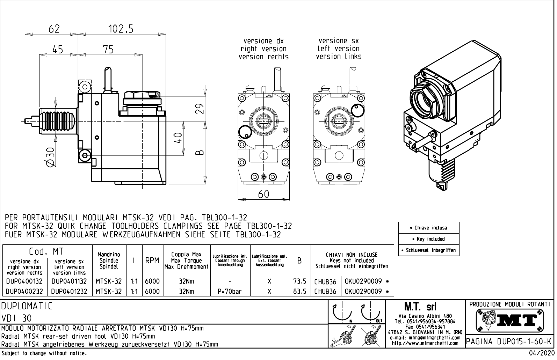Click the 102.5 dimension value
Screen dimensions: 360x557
click(121, 29)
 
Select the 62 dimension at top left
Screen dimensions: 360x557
click(54, 29)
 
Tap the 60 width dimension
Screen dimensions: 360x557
click(263, 194)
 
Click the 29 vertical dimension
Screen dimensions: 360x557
click(199, 108)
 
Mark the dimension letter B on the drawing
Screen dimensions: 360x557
click(199, 153)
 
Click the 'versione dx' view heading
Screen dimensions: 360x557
click(263, 41)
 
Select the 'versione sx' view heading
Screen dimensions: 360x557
click(339, 41)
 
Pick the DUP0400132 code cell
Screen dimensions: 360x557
click(24, 281)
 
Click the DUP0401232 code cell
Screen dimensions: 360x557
click(69, 291)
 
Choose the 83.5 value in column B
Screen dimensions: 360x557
click(299, 291)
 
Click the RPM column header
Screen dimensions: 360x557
click(152, 260)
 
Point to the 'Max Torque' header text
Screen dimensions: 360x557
click(186, 260)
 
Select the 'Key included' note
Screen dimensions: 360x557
click(429, 239)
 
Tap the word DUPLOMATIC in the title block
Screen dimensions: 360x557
click(27, 307)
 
